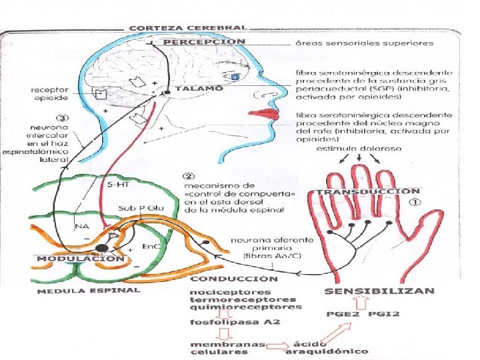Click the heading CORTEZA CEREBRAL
click(187, 28)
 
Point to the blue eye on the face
click(235, 78)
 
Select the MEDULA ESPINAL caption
click(89, 291)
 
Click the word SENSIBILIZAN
click(379, 291)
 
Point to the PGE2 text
click(339, 314)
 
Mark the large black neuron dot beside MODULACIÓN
click(101, 248)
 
